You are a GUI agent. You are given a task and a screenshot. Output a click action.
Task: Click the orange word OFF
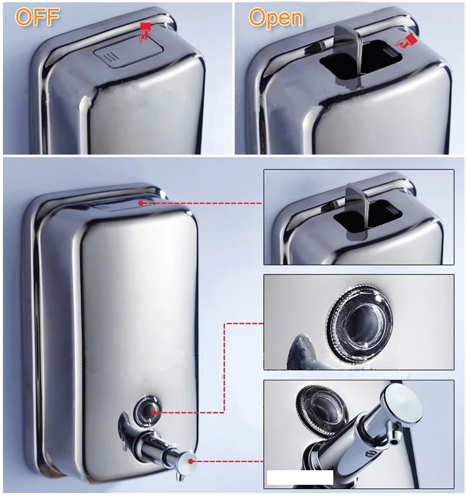pyautogui.click(x=37, y=17)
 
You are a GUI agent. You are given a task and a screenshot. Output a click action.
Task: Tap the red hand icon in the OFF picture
pyautogui.click(x=144, y=31)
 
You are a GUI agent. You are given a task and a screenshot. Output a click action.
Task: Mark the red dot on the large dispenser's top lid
pyautogui.click(x=141, y=203)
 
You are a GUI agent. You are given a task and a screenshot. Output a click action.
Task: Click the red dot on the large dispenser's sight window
pyautogui.click(x=154, y=412)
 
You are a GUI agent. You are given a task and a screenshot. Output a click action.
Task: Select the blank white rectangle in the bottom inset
pyautogui.click(x=300, y=477)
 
